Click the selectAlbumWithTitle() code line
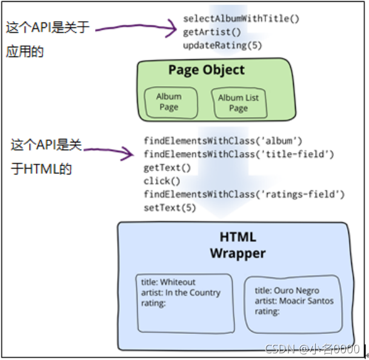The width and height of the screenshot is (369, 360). (x=241, y=18)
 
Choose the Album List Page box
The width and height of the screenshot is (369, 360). (x=238, y=102)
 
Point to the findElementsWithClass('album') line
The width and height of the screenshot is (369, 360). (x=222, y=141)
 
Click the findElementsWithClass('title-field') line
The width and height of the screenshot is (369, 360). (x=238, y=155)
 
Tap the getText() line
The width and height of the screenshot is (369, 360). (x=167, y=168)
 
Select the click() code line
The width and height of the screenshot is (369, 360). (x=162, y=181)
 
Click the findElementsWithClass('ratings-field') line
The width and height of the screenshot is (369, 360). (x=244, y=195)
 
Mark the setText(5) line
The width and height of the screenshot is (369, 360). (x=170, y=208)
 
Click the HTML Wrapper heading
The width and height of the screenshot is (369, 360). (x=238, y=245)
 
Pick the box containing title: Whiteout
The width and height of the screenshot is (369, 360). (x=184, y=303)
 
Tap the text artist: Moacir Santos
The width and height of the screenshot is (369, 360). (x=294, y=301)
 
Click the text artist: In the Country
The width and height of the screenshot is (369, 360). (x=181, y=293)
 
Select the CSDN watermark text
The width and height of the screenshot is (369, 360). (x=313, y=349)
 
